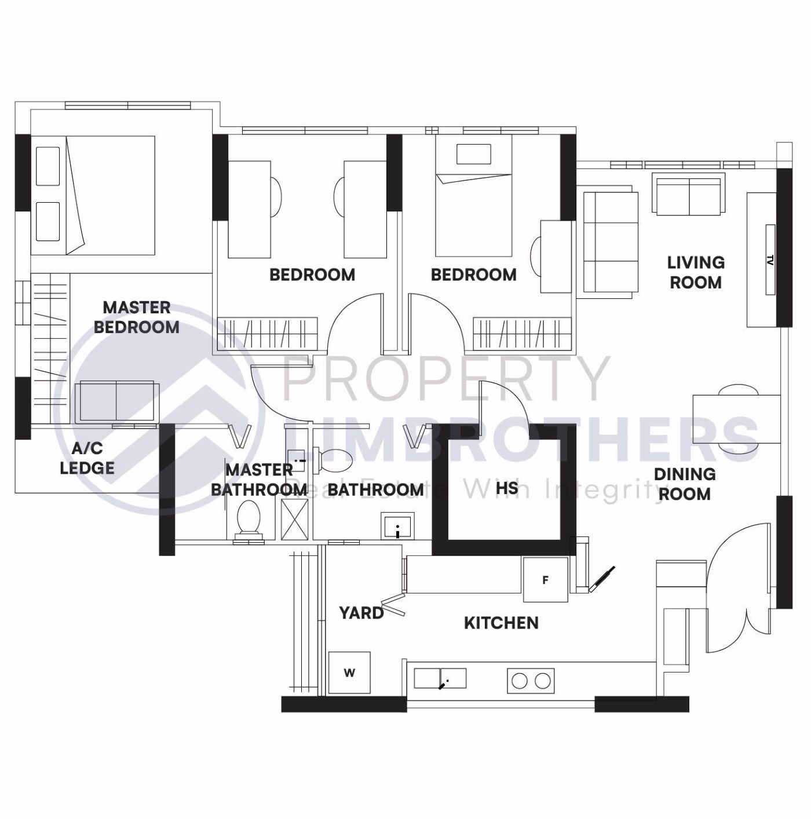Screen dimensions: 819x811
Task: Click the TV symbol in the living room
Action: click(770, 260)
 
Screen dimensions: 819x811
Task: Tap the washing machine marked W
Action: click(349, 672)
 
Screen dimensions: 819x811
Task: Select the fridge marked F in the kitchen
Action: click(545, 579)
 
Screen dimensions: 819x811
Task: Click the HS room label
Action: click(507, 488)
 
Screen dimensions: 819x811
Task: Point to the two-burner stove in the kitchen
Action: click(531, 681)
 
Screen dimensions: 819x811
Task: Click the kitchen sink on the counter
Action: click(440, 678)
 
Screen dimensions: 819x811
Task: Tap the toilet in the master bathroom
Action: click(249, 517)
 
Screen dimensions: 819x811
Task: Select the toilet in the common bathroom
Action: click(333, 460)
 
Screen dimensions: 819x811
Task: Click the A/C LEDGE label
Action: click(87, 458)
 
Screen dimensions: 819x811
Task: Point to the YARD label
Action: click(361, 612)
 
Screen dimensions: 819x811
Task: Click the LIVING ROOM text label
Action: click(696, 272)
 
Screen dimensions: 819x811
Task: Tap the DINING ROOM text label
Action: click(684, 484)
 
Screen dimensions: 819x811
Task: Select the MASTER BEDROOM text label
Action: click(137, 317)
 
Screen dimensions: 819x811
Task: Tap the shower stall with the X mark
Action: click(294, 519)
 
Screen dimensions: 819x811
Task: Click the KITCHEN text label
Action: click(501, 623)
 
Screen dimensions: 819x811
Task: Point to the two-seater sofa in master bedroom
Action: click(116, 401)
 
